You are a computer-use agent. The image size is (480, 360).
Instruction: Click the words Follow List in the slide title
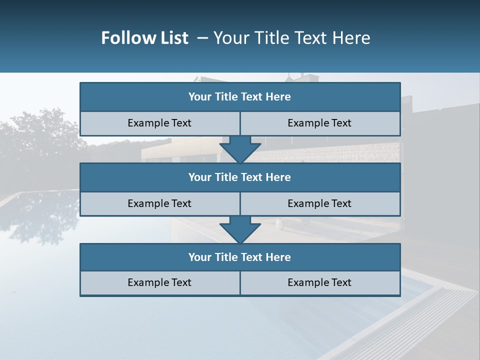pos(144,38)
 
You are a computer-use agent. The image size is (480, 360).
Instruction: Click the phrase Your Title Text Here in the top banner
pos(291,38)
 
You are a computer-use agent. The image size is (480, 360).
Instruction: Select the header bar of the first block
pos(240,97)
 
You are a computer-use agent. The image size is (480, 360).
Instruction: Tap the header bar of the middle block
pos(240,177)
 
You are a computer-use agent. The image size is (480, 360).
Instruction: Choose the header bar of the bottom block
pos(240,257)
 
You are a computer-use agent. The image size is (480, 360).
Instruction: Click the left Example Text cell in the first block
pos(159,123)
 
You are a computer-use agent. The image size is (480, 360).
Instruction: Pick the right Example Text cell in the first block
pos(319,123)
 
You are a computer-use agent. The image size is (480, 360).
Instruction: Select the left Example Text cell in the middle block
pos(159,203)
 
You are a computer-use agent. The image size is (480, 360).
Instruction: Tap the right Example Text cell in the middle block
pos(319,203)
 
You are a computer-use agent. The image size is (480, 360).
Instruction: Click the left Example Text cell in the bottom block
pos(159,282)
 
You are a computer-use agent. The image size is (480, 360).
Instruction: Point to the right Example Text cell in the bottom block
pos(319,282)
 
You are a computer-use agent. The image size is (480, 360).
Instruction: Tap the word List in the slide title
pos(173,38)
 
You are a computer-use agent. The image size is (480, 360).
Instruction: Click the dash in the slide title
pos(202,38)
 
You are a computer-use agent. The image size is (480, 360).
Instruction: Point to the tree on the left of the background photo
pos(40,135)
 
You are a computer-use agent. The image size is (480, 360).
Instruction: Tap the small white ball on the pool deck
pos(278,223)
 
